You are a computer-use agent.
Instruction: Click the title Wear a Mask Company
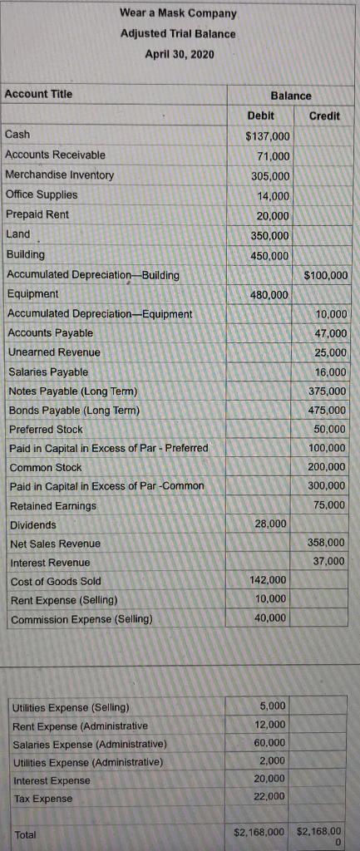click(x=178, y=13)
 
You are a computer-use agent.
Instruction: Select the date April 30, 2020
click(x=178, y=54)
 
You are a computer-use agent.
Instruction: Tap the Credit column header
click(x=324, y=116)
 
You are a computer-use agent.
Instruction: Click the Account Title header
click(x=39, y=94)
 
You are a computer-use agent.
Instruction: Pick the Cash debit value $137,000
click(x=268, y=136)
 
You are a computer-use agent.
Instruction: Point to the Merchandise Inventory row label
click(x=60, y=175)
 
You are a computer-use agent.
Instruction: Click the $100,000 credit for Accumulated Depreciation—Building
click(x=326, y=275)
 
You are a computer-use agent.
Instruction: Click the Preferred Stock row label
click(x=46, y=429)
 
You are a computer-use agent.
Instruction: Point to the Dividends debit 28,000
click(x=271, y=524)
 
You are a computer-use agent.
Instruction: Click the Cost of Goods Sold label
click(x=55, y=581)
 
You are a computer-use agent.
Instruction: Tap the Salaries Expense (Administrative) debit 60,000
click(x=271, y=742)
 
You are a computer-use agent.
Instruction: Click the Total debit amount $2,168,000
click(x=259, y=830)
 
